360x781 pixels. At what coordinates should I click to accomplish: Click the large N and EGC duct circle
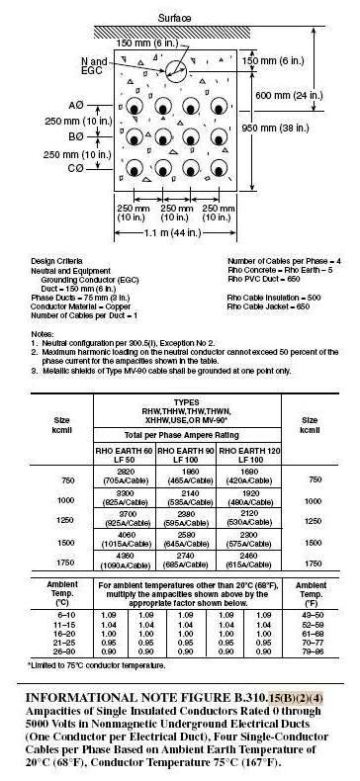point(180,70)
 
